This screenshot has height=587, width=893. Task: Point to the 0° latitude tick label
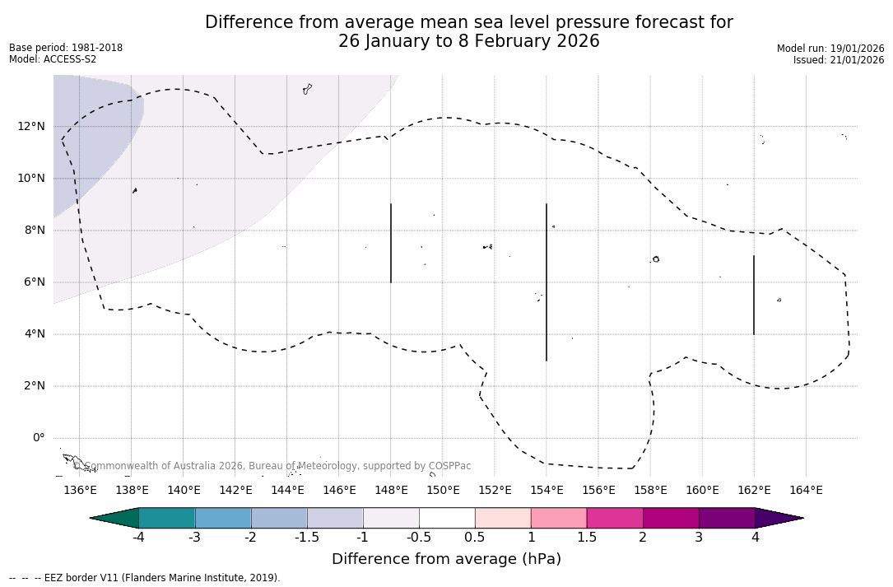(38, 438)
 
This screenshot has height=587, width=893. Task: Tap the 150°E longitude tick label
(443, 491)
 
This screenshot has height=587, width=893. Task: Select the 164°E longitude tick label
(806, 491)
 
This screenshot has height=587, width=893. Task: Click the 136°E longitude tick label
(80, 491)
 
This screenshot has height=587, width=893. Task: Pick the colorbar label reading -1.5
(307, 538)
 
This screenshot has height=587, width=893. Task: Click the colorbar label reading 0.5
(475, 538)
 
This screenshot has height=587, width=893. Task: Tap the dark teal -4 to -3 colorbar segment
(167, 518)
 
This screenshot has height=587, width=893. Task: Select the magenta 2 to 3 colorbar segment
(671, 518)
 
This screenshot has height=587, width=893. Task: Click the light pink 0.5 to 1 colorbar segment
(503, 518)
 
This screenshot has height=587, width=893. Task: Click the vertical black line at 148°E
(391, 243)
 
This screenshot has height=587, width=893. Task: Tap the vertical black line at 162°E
(754, 295)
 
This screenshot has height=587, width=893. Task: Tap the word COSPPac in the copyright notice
(450, 466)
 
